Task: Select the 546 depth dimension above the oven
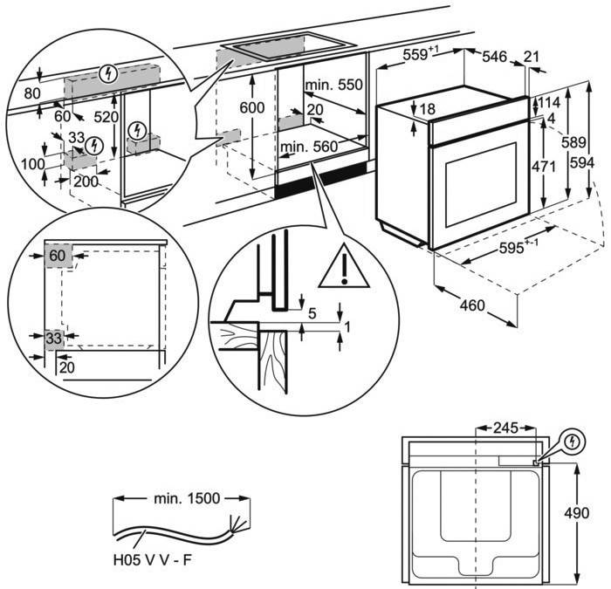coord(495,57)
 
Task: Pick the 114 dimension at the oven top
coord(548,102)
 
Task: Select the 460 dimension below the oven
coord(473,305)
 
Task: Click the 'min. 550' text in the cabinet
coord(333,87)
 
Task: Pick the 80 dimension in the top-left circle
coord(33,93)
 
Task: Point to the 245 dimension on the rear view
coord(505,428)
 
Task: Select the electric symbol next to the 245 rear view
coord(572,442)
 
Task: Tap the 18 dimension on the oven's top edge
coord(427,109)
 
